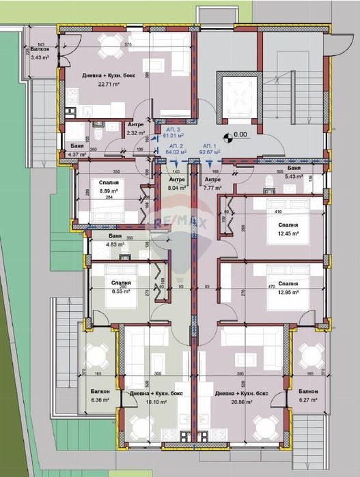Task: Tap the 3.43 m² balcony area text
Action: [x=40, y=57]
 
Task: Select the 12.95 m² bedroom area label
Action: [x=288, y=291]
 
